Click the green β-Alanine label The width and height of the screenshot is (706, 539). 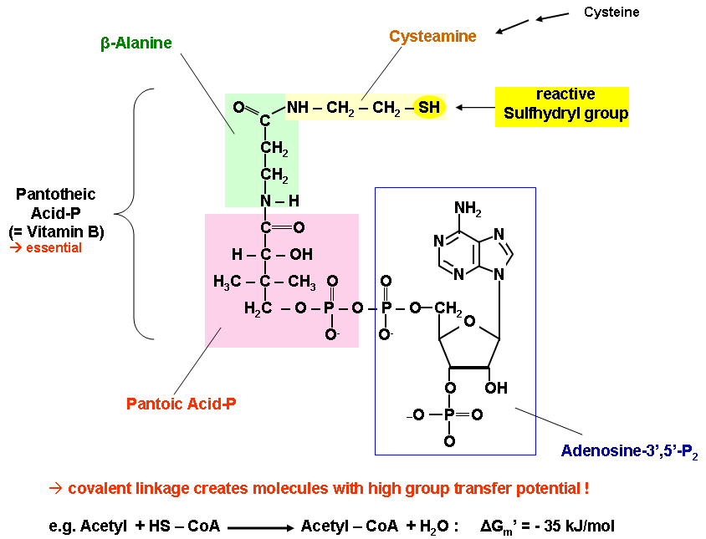(x=136, y=43)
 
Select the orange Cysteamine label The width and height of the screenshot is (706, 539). (x=432, y=37)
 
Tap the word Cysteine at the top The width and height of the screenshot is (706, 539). (x=610, y=13)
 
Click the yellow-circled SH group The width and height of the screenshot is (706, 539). (x=428, y=108)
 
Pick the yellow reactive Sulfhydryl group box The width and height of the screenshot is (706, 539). (x=561, y=106)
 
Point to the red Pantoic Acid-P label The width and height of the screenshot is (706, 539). (x=181, y=404)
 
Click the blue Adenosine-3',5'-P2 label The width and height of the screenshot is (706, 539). (x=629, y=451)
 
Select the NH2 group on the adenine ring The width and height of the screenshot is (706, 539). (x=469, y=207)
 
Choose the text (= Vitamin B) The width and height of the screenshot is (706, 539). (x=56, y=231)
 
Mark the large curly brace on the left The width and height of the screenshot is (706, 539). (x=134, y=214)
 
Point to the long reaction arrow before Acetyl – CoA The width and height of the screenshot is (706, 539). (x=259, y=528)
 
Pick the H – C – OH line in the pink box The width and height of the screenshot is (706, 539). (x=260, y=254)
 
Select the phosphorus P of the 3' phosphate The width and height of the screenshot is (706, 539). (x=449, y=414)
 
